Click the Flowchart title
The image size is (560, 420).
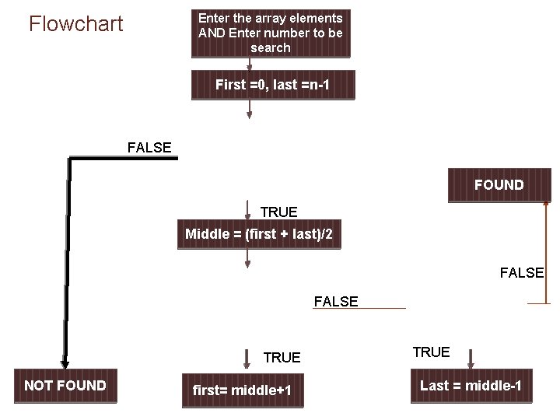(x=75, y=24)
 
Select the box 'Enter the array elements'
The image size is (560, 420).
(x=271, y=33)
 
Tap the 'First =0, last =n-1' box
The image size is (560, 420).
(x=273, y=85)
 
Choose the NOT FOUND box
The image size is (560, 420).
(x=65, y=386)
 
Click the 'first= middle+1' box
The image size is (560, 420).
(x=242, y=390)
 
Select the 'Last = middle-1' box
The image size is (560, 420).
(x=471, y=386)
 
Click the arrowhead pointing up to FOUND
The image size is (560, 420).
(x=546, y=208)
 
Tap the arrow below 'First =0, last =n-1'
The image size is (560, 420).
(x=249, y=108)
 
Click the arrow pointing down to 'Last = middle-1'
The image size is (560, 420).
(x=470, y=360)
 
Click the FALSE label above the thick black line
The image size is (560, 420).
(x=149, y=147)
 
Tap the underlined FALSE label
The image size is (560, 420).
(x=336, y=302)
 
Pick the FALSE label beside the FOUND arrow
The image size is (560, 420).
(x=521, y=273)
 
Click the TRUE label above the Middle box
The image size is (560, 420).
(x=278, y=212)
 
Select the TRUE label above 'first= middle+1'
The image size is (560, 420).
(x=282, y=358)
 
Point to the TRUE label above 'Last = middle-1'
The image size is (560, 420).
(x=431, y=352)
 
